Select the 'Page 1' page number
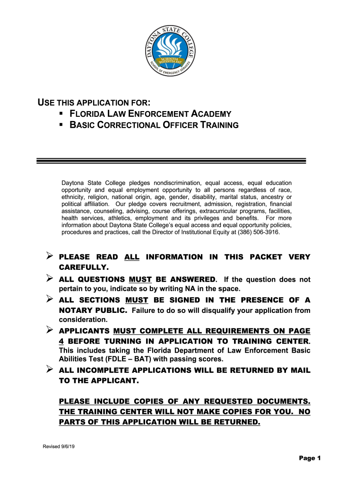[310, 458]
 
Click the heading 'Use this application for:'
[94, 103]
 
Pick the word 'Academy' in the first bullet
[211, 114]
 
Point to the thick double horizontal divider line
[171, 161]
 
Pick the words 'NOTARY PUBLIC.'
[93, 311]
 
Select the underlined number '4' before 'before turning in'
[61, 341]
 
